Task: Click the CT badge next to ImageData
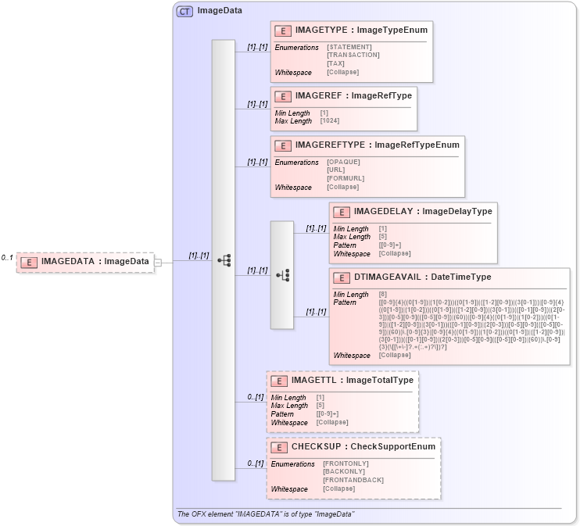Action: pos(184,11)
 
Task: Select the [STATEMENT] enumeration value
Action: pos(349,47)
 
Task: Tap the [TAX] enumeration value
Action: pos(335,63)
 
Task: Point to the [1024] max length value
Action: pos(330,120)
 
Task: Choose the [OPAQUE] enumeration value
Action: pos(343,162)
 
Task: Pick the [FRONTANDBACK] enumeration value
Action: pos(353,480)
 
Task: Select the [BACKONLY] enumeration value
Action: pos(345,471)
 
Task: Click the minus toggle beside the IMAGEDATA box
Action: pos(158,263)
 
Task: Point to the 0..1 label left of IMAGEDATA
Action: pos(7,258)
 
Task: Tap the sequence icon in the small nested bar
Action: pos(282,275)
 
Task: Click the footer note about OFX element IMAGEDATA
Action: pos(266,514)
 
